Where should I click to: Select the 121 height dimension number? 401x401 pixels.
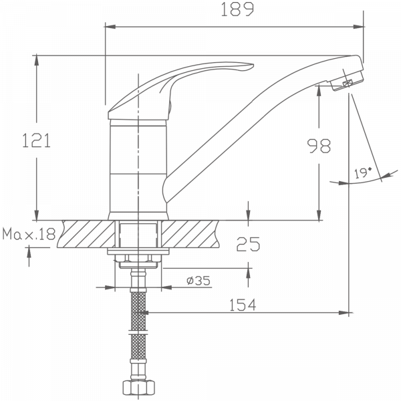[37, 141]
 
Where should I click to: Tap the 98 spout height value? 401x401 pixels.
[318, 146]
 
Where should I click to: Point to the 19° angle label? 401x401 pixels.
[363, 172]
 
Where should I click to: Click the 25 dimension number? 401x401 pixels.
[248, 245]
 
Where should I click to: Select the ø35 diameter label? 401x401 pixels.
[198, 281]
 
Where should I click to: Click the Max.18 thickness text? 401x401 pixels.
[29, 235]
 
